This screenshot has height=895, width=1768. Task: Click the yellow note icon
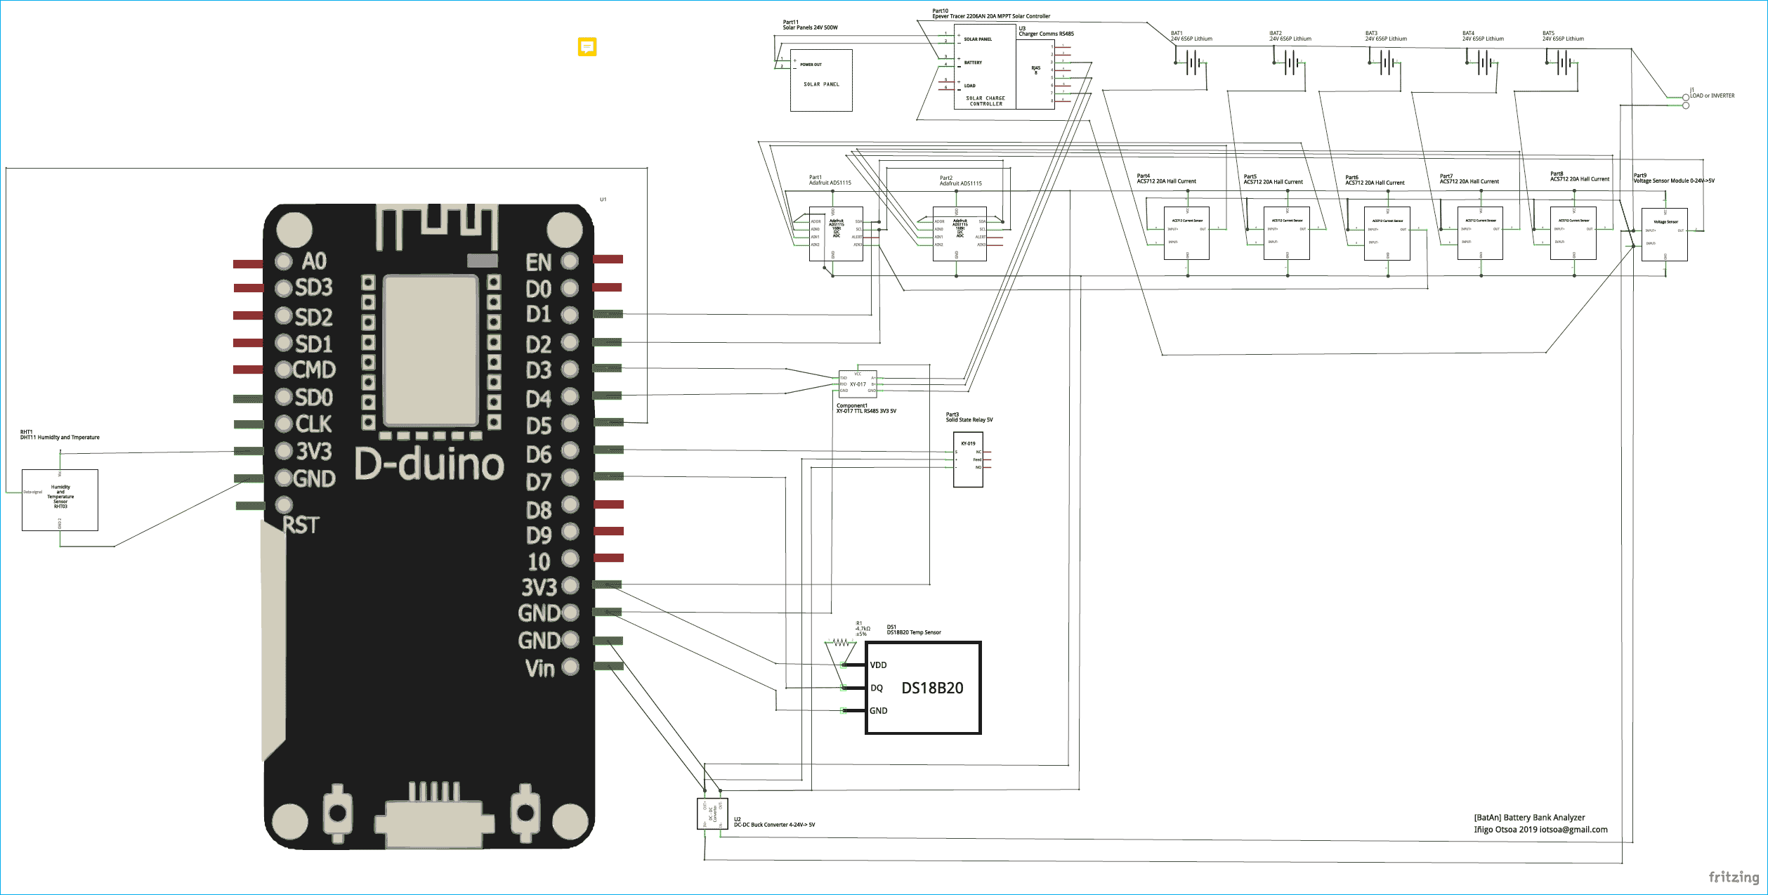pyautogui.click(x=587, y=46)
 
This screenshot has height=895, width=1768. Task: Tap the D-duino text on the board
pyautogui.click(x=428, y=464)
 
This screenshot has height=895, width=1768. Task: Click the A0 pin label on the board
pyautogui.click(x=314, y=261)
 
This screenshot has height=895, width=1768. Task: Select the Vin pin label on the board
pyautogui.click(x=539, y=668)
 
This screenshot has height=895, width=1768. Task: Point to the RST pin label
pyautogui.click(x=301, y=525)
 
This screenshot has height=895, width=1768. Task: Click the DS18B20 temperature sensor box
pyautogui.click(x=923, y=688)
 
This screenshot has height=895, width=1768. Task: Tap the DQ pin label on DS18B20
pyautogui.click(x=876, y=688)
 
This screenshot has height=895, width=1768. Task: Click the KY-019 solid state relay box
pyautogui.click(x=967, y=459)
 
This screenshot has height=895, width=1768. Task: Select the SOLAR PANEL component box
pyautogui.click(x=821, y=80)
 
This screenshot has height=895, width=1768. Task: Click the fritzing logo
pyautogui.click(x=1733, y=877)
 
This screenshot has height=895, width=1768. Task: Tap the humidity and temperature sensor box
pyautogui.click(x=60, y=499)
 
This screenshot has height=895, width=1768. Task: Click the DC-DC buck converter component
pyautogui.click(x=712, y=814)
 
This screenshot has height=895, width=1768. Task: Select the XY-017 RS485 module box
pyautogui.click(x=858, y=384)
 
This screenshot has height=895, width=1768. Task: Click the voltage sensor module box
pyautogui.click(x=1664, y=235)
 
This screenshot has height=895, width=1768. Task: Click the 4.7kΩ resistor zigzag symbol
pyautogui.click(x=840, y=642)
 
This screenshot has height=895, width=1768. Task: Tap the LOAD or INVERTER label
pyautogui.click(x=1712, y=96)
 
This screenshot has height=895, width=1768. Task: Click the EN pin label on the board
pyautogui.click(x=539, y=262)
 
